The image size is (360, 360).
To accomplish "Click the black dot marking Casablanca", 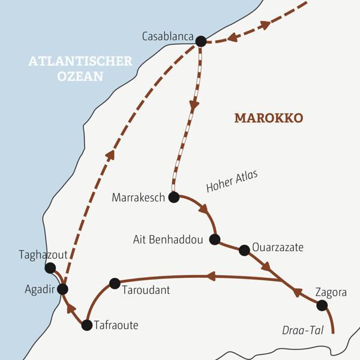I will (x=201, y=41).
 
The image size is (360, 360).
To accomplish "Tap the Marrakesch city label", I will (x=138, y=197).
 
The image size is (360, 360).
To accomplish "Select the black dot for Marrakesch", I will (x=174, y=197).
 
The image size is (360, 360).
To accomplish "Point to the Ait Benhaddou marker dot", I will (x=215, y=239).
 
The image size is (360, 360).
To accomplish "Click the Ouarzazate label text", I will (x=278, y=247).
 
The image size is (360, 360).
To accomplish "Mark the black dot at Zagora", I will (x=322, y=305).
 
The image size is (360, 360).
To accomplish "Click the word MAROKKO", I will (x=269, y=118).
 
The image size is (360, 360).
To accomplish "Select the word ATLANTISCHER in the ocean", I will (x=80, y=62).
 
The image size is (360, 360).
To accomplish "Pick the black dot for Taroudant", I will (x=115, y=283).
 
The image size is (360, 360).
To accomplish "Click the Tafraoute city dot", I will (x=86, y=325).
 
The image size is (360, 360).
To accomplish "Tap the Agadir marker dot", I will (x=62, y=289).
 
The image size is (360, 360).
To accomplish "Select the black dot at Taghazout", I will (x=50, y=268).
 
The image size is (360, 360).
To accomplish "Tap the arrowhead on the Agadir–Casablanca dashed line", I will (x=110, y=155).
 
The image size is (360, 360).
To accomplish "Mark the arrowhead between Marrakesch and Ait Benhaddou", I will (x=205, y=211).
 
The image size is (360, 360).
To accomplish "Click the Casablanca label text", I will (x=167, y=37).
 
